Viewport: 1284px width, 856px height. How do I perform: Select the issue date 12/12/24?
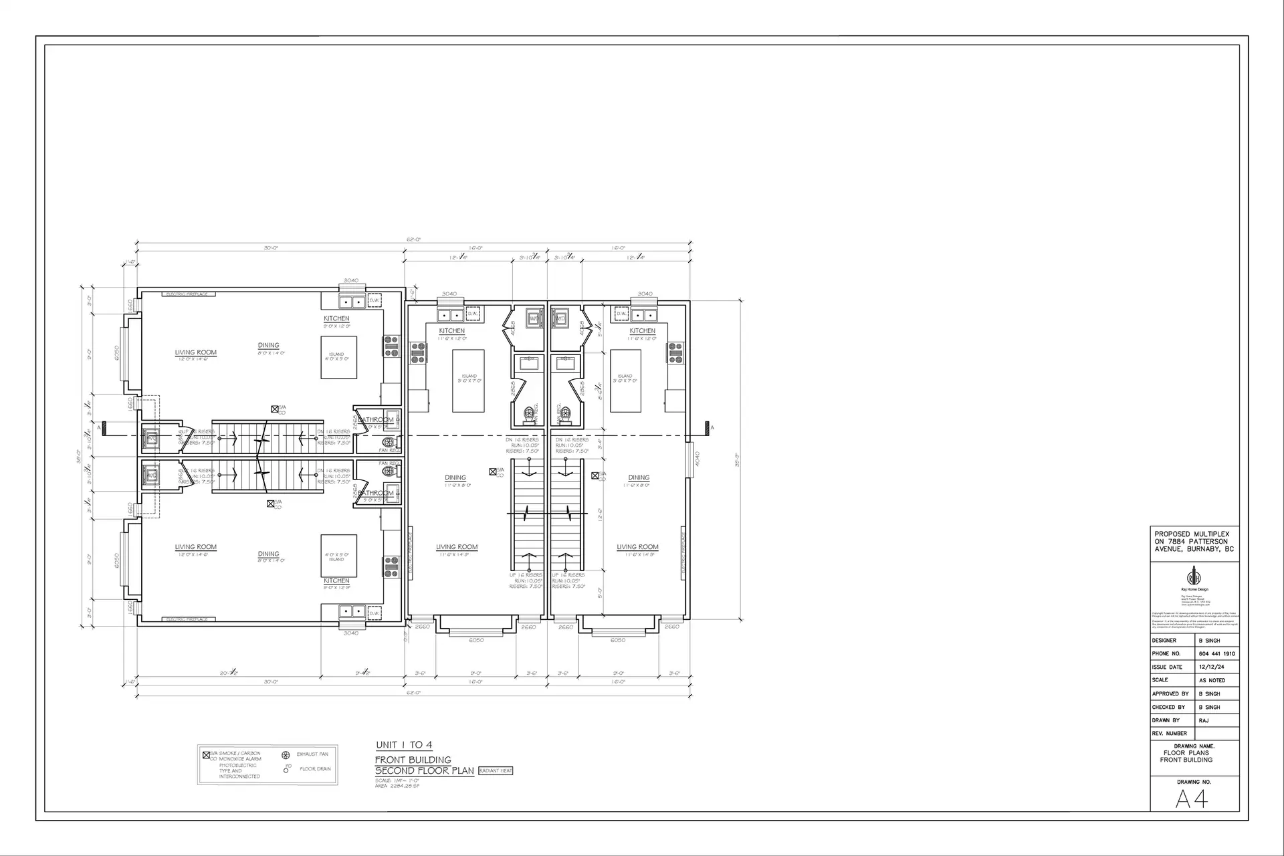point(1212,667)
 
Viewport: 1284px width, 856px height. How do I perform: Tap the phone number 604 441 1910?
point(1216,653)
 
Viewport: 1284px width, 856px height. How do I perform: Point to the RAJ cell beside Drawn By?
point(1204,720)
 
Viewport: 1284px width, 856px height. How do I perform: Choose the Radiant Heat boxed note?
point(496,771)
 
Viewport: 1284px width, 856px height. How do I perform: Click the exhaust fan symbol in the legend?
point(286,755)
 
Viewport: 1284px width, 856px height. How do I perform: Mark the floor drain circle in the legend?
point(286,770)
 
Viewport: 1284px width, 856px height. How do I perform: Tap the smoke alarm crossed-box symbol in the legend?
point(206,755)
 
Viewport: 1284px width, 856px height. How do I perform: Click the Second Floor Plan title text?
point(424,770)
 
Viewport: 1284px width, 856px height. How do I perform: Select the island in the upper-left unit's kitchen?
point(338,357)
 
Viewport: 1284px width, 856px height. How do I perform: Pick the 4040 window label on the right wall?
point(697,459)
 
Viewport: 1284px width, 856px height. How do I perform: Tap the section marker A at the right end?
point(712,427)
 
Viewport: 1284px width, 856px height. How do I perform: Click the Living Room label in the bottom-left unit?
point(195,547)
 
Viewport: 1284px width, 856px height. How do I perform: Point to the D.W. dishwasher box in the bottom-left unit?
point(374,613)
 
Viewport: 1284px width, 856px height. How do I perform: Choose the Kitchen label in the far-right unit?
point(642,331)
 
